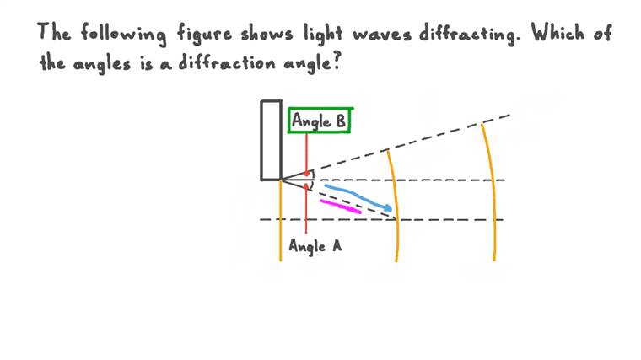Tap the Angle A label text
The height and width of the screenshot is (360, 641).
tap(315, 246)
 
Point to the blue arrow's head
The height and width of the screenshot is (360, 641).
tap(387, 207)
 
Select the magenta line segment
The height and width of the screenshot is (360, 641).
tap(341, 207)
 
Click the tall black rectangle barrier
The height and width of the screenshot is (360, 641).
tap(271, 140)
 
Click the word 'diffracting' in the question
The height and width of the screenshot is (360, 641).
tap(469, 34)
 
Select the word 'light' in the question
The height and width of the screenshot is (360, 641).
tap(323, 34)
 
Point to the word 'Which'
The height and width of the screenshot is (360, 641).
tap(558, 32)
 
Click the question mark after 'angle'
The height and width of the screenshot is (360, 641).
tap(337, 62)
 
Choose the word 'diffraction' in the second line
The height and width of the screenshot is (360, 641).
tap(227, 63)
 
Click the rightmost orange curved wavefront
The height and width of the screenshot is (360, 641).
tap(491, 192)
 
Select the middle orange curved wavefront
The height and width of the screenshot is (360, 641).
tap(394, 207)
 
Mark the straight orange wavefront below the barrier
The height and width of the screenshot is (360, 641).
tap(280, 220)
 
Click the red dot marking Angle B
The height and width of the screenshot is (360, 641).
tap(307, 174)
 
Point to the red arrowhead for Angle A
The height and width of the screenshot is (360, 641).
tap(306, 186)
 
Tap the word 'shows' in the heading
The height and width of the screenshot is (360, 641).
tap(267, 33)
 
